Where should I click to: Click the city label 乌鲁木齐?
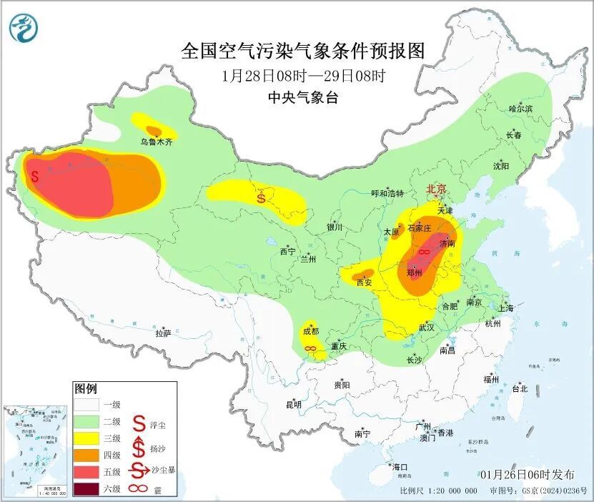click(x=156, y=142)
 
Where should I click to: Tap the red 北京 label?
click(x=436, y=189)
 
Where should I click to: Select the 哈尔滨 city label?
click(x=520, y=109)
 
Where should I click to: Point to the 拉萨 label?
click(x=163, y=333)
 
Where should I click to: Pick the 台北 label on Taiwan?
click(x=519, y=389)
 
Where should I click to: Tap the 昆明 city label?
click(x=294, y=404)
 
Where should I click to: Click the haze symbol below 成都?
click(x=311, y=348)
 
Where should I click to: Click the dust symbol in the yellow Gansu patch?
click(x=262, y=196)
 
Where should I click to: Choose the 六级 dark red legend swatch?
click(x=88, y=489)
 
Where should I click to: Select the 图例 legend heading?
click(x=85, y=389)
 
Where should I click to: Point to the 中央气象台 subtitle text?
click(x=303, y=98)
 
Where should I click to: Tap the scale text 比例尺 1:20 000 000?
click(x=438, y=491)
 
